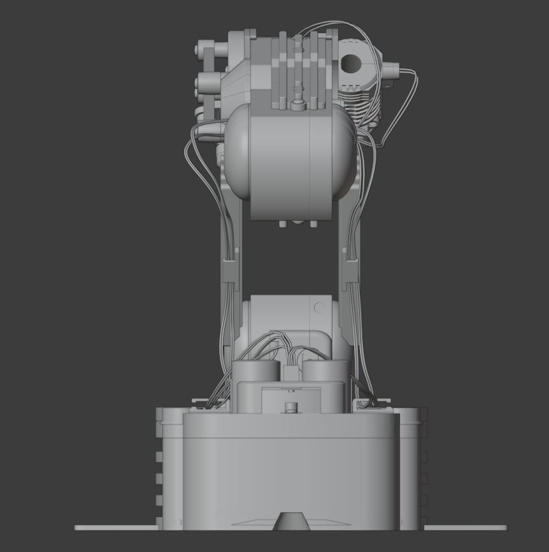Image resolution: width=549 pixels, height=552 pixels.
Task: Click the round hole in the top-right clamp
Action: pyautogui.click(x=350, y=62)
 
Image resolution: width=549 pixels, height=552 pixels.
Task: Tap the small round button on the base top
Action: pyautogui.click(x=291, y=407)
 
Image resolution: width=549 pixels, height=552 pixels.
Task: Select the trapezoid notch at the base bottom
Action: pyautogui.click(x=291, y=521)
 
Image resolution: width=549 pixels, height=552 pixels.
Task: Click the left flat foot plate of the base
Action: pyautogui.click(x=115, y=527)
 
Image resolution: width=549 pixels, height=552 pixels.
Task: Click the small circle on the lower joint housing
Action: pyautogui.click(x=319, y=309)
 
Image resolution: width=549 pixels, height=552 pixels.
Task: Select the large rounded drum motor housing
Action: pyautogui.click(x=290, y=156)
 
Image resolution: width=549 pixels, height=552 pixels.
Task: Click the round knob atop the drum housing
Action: pyautogui.click(x=297, y=103)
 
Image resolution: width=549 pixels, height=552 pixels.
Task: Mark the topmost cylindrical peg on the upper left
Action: pyautogui.click(x=206, y=48)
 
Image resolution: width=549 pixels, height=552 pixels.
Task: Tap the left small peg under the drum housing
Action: pyautogui.click(x=282, y=224)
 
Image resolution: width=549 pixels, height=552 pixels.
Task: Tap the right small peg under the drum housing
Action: pyautogui.click(x=313, y=224)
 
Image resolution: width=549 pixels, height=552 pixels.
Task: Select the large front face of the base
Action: pyautogui.click(x=291, y=472)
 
